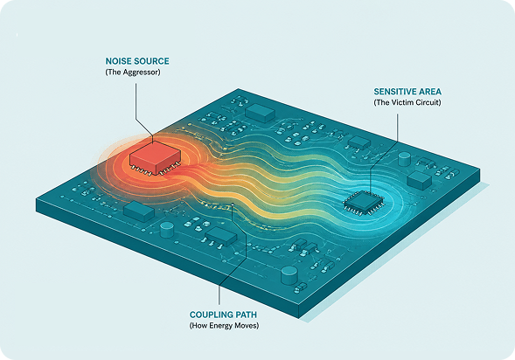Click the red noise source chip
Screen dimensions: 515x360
(155, 158)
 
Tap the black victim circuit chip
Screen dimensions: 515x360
(364, 203)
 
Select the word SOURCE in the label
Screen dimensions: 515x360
(154, 61)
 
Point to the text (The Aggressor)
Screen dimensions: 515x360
(133, 73)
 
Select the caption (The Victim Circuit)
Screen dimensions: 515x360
(407, 102)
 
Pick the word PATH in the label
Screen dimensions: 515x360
(246, 315)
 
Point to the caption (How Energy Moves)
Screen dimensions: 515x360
(224, 326)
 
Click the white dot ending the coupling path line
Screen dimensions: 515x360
(233, 204)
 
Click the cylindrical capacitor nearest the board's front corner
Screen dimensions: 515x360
(289, 275)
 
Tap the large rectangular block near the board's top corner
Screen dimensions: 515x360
(261, 113)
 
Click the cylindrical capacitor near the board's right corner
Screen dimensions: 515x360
(404, 159)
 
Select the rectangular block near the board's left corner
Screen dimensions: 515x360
(139, 211)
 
